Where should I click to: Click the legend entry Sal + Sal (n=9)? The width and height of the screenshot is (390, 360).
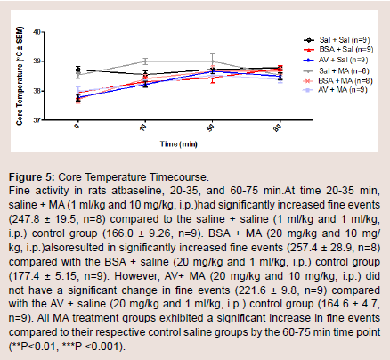click(337, 40)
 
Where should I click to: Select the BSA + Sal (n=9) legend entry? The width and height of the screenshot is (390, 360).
click(338, 49)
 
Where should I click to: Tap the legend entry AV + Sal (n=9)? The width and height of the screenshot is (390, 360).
click(336, 60)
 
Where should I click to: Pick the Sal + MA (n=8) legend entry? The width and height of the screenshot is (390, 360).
click(337, 70)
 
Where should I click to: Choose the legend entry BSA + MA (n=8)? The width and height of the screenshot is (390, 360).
click(338, 80)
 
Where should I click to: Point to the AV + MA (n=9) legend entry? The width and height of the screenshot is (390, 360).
click(336, 89)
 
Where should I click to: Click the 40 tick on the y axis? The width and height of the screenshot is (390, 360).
click(37, 32)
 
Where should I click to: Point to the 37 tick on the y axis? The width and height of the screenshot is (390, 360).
click(37, 120)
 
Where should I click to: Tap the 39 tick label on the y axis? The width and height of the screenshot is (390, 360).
click(37, 61)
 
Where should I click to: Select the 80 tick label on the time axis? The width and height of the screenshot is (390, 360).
click(278, 128)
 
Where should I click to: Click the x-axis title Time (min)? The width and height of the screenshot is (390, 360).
click(179, 144)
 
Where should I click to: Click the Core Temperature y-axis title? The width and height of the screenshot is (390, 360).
click(20, 76)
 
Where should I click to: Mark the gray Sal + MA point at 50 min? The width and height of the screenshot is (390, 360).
click(213, 61)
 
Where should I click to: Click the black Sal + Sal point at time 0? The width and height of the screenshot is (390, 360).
click(78, 70)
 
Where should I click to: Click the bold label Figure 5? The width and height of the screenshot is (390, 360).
click(32, 177)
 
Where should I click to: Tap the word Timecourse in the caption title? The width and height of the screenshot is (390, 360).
click(179, 177)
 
